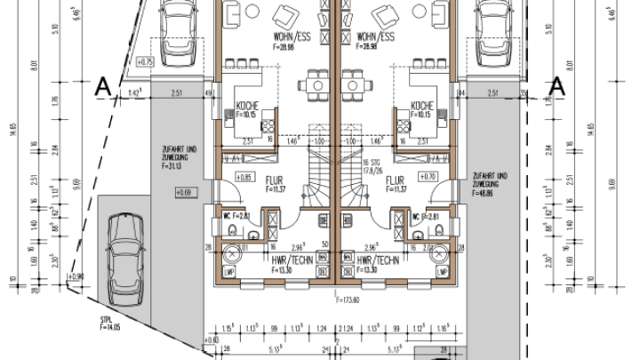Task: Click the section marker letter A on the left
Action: pos(103,86)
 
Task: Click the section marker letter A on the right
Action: pos(557,86)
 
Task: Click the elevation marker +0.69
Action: pos(184,192)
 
